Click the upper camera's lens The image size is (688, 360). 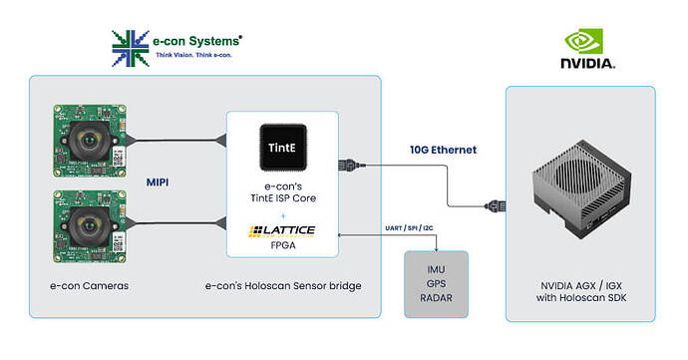click(x=92, y=140)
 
